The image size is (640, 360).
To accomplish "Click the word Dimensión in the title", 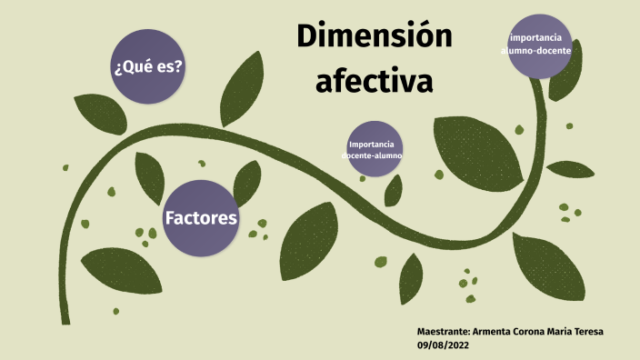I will [374, 37].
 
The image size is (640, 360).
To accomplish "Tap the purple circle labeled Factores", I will [201, 218].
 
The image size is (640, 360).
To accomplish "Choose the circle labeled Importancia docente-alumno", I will [374, 150].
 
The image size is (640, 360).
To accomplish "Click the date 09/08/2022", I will [442, 346].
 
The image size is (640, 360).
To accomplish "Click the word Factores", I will [201, 218].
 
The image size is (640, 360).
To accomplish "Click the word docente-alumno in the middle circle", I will [373, 156].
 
